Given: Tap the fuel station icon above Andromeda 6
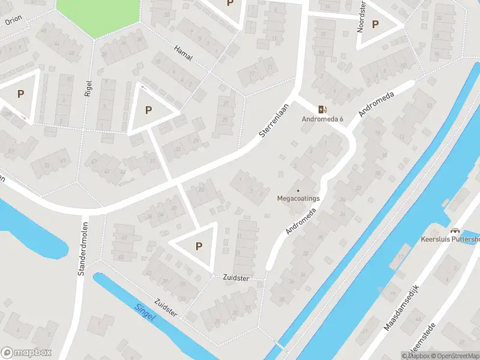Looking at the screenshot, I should tap(322, 109).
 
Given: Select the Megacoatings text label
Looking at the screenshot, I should tap(298, 198).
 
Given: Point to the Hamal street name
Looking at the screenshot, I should tap(182, 52).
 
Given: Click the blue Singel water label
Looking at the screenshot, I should tap(144, 313).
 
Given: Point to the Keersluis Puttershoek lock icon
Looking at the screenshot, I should tap(455, 230).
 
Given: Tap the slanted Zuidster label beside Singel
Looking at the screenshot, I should tap(166, 308).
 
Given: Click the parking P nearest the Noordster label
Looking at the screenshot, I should tap(376, 25).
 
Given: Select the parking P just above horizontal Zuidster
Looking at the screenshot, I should tap(199, 245).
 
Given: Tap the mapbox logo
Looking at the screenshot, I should tap(26, 353).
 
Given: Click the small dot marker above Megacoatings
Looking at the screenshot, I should tap(298, 190).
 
